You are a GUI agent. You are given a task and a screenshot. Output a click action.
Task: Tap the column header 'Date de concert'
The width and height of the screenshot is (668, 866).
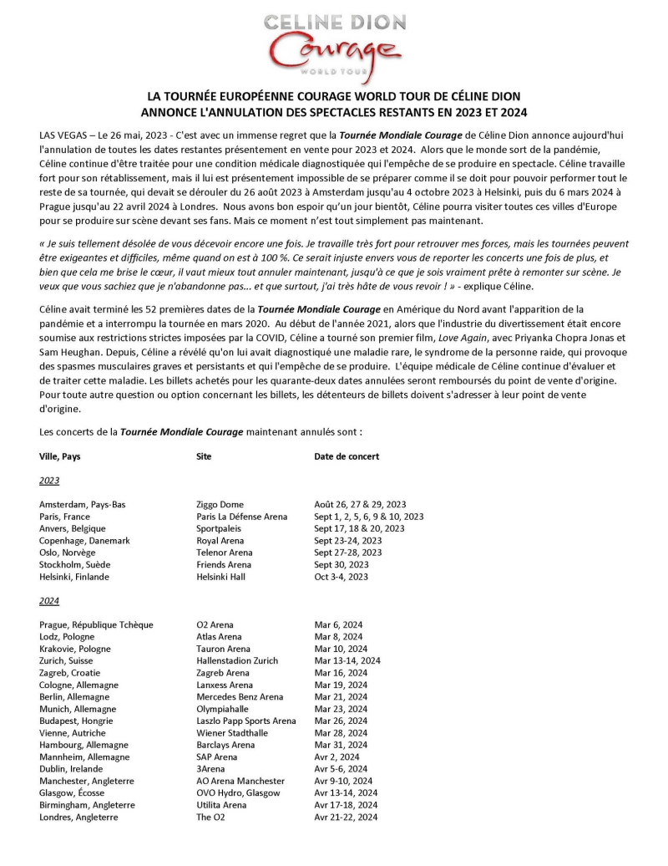pos(347,456)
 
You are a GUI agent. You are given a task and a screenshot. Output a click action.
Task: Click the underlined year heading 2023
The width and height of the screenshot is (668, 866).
pos(49,481)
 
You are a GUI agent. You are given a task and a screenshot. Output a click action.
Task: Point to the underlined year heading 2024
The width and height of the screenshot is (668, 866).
pos(49,601)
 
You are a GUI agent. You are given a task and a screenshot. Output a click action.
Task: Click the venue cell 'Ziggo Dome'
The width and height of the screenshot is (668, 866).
pos(220,504)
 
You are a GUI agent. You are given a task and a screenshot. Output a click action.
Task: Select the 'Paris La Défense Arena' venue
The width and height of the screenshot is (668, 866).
pos(242,517)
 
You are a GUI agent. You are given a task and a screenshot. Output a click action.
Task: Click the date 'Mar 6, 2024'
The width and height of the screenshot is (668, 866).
pos(339,624)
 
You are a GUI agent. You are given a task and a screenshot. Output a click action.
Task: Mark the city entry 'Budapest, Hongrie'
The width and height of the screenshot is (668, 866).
pos(76,721)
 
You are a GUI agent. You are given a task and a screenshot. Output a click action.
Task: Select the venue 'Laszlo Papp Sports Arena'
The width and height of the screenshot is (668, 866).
pos(246,721)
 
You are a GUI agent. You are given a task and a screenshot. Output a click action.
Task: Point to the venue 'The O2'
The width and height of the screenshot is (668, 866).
pos(210,817)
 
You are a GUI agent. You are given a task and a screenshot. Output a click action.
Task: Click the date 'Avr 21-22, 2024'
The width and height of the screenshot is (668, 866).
pos(346,817)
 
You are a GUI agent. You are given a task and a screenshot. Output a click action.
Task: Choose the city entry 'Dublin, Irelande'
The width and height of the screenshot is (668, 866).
pos(71,768)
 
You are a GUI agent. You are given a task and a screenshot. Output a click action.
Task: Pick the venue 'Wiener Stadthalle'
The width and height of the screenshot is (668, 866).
pos(232,732)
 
